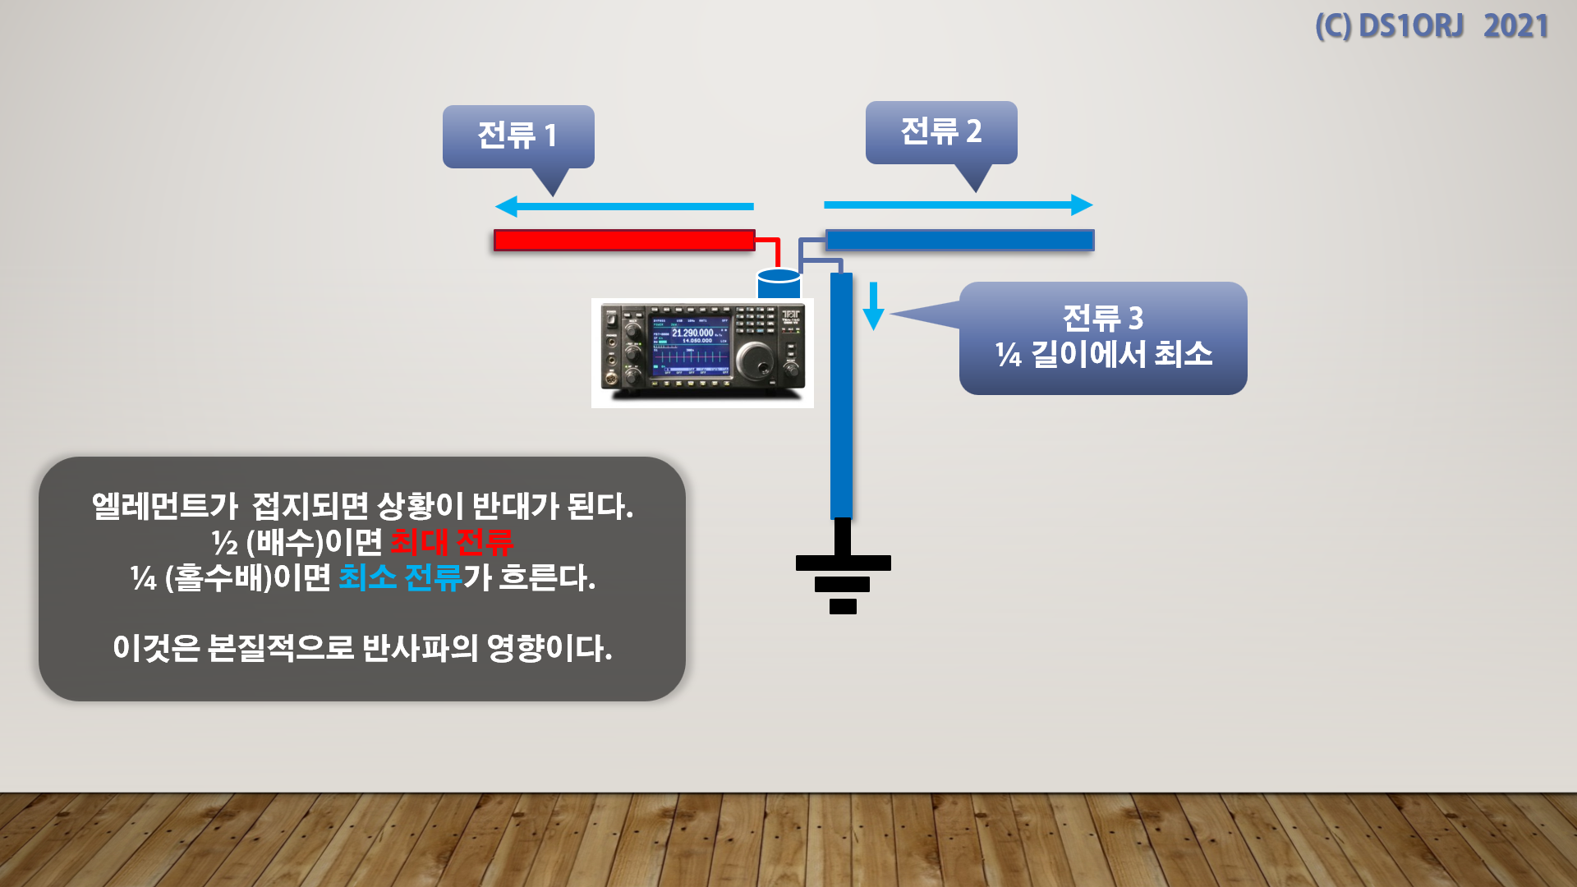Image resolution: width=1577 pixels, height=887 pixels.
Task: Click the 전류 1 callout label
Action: (517, 136)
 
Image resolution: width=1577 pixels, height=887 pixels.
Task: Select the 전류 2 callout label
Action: (940, 131)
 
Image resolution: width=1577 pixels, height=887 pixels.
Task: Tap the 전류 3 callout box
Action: (1103, 338)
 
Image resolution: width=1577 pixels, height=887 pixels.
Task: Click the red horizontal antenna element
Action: (624, 240)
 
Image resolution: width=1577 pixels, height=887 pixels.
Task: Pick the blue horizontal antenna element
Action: (959, 240)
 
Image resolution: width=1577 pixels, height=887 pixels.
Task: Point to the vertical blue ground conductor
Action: (841, 394)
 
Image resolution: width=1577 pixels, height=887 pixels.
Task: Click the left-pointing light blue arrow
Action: (624, 206)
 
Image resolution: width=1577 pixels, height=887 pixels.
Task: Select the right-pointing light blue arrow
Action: (958, 205)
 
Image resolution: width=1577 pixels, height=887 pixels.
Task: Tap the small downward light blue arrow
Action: (873, 307)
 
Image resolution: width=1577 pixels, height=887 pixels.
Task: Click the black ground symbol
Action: (843, 575)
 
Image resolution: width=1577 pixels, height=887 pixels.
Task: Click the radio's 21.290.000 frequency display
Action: (692, 333)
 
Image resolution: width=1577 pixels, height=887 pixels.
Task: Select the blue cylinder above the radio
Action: (779, 283)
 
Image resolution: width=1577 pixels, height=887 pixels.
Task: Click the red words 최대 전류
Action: (452, 542)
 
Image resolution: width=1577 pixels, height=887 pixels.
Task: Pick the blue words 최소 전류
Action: (400, 578)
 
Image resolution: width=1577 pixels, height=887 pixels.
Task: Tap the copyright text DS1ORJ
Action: (1411, 26)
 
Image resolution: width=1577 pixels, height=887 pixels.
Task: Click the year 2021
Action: (1515, 26)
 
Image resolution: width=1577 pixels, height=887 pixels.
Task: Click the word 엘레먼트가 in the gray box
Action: (164, 506)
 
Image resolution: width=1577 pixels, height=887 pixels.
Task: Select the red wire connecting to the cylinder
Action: (773, 246)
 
